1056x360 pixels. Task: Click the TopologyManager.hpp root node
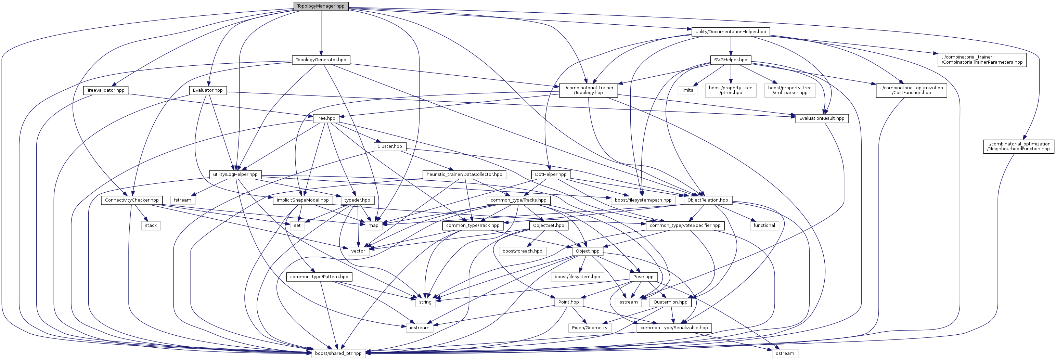coord(321,6)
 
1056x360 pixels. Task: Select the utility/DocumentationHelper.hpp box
coord(731,31)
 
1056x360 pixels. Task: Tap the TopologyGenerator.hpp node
coord(321,60)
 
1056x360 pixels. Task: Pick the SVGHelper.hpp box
coord(731,60)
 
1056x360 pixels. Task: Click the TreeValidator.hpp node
coord(106,90)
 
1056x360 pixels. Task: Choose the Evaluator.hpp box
coord(208,90)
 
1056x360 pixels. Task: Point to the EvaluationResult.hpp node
coord(822,118)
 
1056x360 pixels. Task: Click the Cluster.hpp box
coord(389,146)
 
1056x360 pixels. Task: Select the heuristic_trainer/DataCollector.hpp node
coord(464,174)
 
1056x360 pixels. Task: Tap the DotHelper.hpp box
coord(551,174)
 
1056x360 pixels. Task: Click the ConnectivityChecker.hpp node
coord(132,200)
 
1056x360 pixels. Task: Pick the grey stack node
coord(151,226)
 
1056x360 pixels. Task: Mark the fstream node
coord(182,200)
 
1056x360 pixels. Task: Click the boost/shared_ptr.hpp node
coord(338,353)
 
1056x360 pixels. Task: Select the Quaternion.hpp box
coord(670,302)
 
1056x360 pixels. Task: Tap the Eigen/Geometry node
coord(590,327)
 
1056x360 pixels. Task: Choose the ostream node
coord(785,353)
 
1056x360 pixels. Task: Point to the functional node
coord(764,226)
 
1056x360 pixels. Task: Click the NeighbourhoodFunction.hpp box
coord(1018,146)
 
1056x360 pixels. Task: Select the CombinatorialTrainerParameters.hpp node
coord(982,60)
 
